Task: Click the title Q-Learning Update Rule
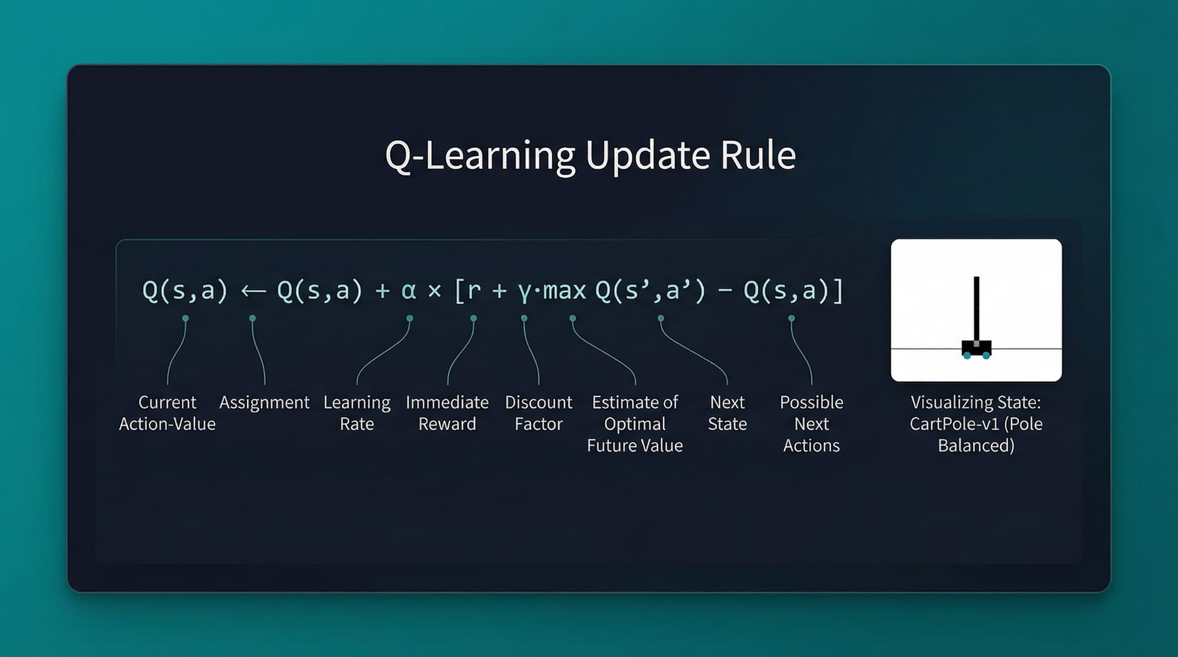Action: click(590, 155)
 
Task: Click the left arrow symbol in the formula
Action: click(253, 291)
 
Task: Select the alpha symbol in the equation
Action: click(408, 291)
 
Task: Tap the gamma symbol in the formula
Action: click(524, 293)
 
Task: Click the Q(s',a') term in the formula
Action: click(650, 291)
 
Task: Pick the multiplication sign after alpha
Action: click(435, 291)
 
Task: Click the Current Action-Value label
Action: click(167, 413)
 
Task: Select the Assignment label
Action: click(264, 403)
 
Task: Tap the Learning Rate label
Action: click(357, 413)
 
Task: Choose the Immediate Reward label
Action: click(447, 413)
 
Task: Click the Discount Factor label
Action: click(538, 413)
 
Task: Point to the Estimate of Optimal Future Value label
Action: click(635, 424)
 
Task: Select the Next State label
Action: click(727, 413)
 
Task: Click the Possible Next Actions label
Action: click(812, 424)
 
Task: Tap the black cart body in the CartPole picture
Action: click(977, 349)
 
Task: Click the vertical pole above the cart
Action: click(977, 308)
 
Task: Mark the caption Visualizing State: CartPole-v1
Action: click(976, 413)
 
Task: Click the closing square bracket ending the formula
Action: click(838, 291)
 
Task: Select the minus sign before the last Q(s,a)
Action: click(724, 291)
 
